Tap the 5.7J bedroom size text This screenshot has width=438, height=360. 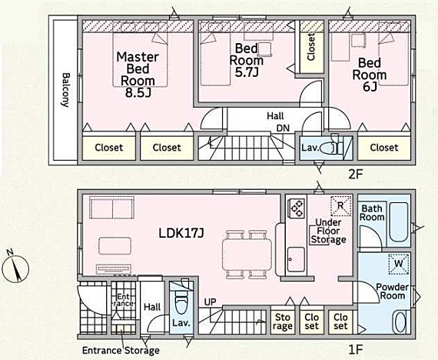pos(246,72)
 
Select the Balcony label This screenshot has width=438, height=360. pos(65,90)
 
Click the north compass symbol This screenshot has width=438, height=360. pos(15,267)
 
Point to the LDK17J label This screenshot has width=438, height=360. pos(181,233)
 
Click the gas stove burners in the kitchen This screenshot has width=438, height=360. pos(297,208)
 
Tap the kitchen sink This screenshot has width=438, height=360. pos(296,259)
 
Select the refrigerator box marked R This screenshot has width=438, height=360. pos(340,206)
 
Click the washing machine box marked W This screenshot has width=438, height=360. pos(399,264)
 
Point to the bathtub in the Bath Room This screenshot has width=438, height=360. pos(399,222)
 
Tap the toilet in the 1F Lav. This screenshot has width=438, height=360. pos(181,299)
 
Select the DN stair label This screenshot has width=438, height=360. pos(283,128)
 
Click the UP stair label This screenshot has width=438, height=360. pos(210,302)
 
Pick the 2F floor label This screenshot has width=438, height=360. pos(355,175)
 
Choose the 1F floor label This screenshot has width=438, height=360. pos(355,349)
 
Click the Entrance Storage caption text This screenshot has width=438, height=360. pos(121,351)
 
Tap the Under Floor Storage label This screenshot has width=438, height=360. pos(329,231)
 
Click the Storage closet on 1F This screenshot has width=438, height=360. pos(283,321)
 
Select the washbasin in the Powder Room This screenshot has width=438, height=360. pos(400,322)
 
